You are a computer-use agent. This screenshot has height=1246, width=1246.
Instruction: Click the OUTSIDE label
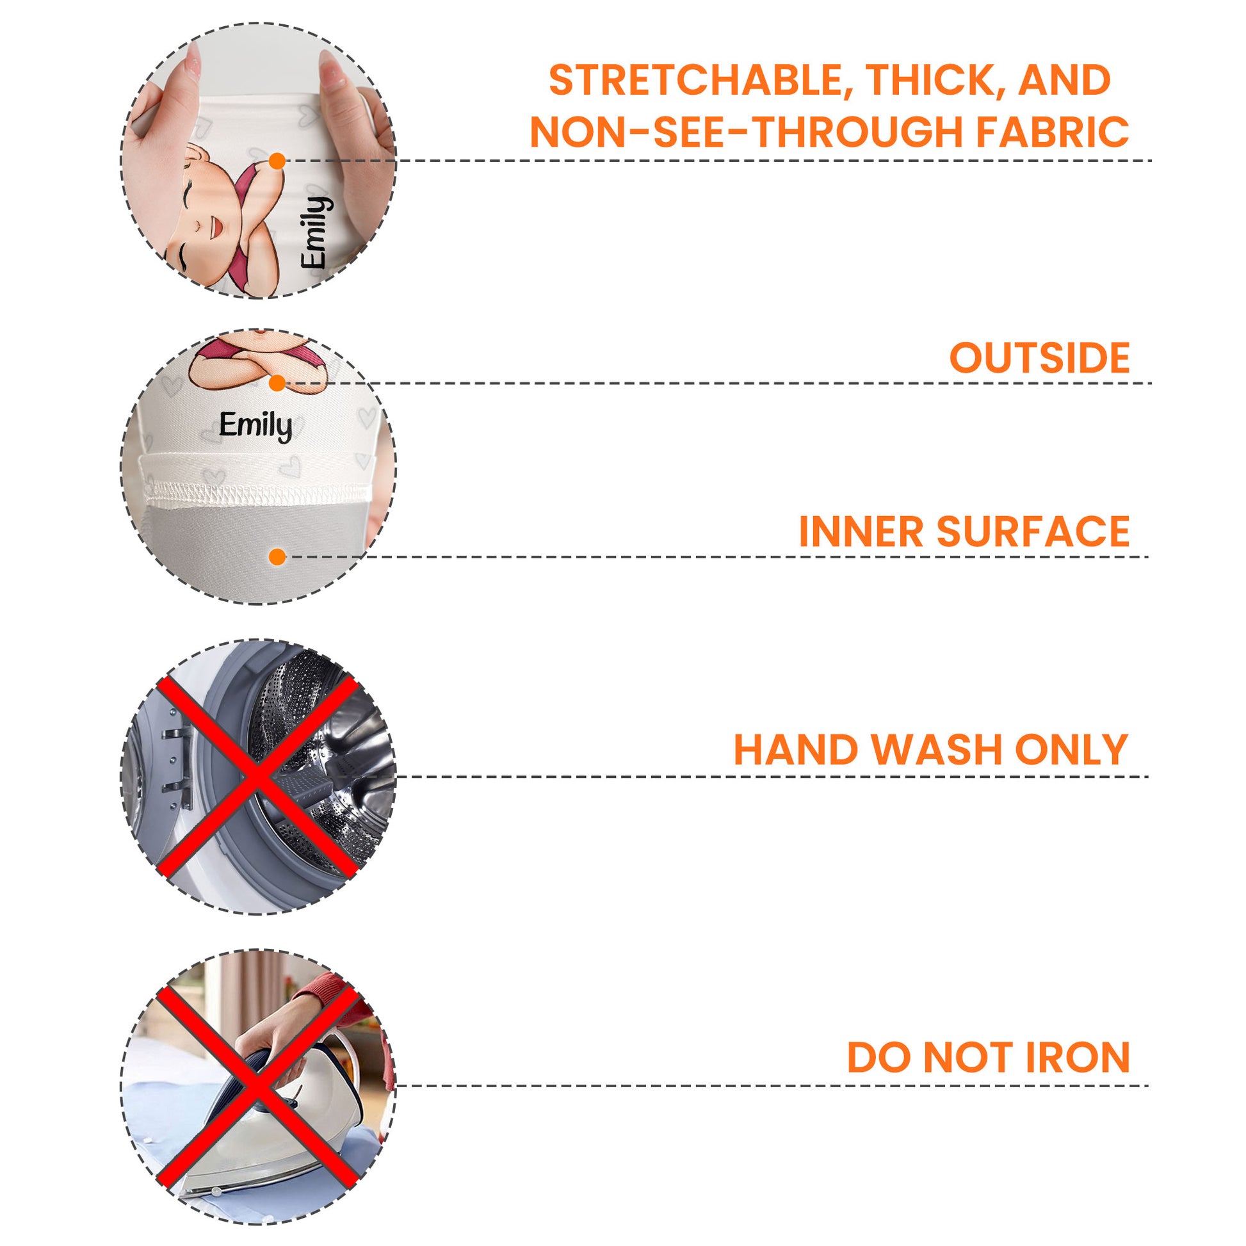[1040, 358]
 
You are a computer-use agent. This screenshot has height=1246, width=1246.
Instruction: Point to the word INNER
[862, 532]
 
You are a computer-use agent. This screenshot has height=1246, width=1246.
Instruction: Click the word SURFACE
[1033, 532]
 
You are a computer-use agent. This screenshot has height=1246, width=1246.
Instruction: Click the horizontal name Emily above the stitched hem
[255, 426]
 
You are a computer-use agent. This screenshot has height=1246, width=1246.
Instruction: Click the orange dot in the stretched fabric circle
[277, 161]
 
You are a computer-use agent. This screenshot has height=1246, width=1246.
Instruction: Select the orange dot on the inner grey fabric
[277, 556]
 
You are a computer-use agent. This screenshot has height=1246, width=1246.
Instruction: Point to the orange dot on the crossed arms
[277, 383]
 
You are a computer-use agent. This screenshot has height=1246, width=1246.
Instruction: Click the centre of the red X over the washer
[257, 777]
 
